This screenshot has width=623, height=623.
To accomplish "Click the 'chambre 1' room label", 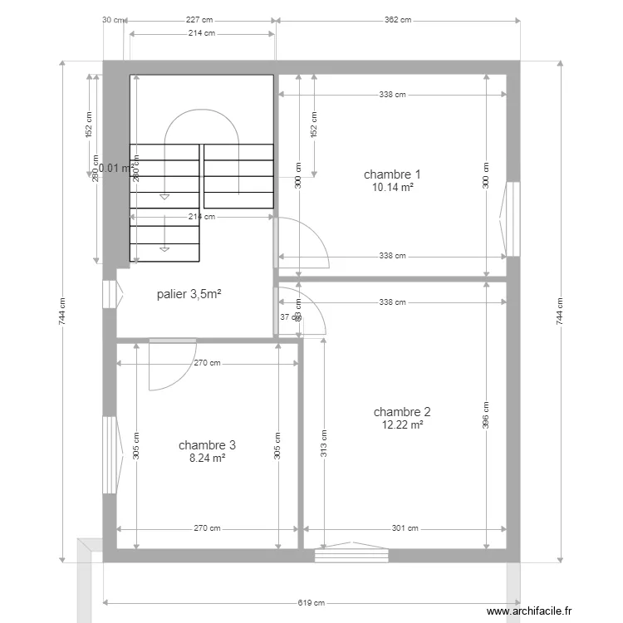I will pos(392,174).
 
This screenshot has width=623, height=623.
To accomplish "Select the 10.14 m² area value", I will pos(392,188).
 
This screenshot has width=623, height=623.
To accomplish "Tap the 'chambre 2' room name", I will pos(402,411).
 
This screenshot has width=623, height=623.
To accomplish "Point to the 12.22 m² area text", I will pos(402,424).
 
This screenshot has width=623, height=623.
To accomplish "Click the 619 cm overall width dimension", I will pos(311,603).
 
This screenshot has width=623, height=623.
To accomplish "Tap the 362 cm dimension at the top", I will pos(397,20).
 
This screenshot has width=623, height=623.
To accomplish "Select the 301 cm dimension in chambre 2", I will pos(405,528).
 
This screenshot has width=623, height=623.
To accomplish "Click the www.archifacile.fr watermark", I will pos(529,611).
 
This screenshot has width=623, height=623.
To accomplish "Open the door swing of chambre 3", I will pos(170,365).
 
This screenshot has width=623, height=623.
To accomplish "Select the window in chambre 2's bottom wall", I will pos(351,554).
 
